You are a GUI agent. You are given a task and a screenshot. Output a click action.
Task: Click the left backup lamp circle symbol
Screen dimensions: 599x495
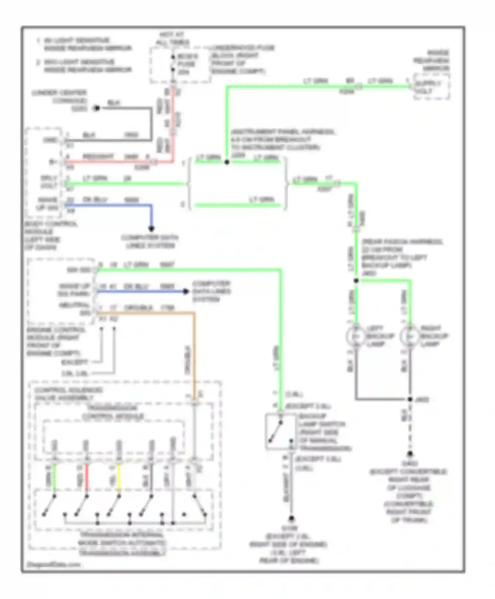click(x=355, y=336)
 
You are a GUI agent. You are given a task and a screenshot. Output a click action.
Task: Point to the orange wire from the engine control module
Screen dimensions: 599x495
click(x=148, y=312)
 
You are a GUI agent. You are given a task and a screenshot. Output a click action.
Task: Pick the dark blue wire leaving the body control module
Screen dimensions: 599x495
click(x=109, y=205)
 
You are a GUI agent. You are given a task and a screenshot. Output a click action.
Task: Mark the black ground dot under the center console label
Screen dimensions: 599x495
click(x=96, y=108)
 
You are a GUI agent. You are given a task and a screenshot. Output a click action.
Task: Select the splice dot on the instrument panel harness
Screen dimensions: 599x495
click(x=227, y=162)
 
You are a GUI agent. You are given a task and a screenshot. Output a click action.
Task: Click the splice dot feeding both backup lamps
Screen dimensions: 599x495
click(x=356, y=281)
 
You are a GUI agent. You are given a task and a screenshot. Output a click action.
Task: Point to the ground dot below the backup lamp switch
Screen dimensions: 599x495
click(x=291, y=519)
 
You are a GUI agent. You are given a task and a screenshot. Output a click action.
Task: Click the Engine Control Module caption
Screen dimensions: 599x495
click(x=53, y=341)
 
